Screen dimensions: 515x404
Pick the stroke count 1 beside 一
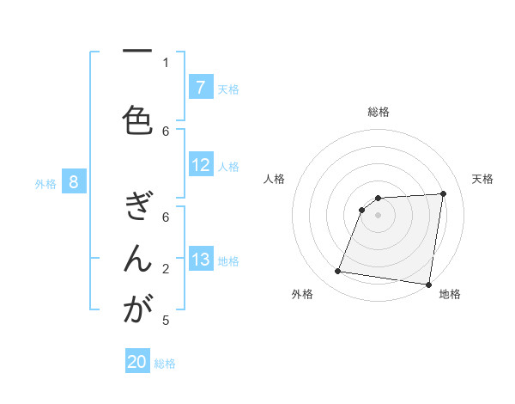click(x=167, y=62)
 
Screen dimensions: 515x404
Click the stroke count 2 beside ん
click(x=167, y=269)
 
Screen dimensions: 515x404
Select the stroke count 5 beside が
click(x=167, y=321)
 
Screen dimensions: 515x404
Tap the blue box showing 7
click(x=200, y=88)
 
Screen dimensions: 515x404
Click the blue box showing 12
click(x=200, y=165)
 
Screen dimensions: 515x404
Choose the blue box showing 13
click(x=200, y=260)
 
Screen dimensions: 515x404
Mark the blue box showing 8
click(x=74, y=182)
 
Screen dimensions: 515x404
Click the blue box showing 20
click(x=137, y=362)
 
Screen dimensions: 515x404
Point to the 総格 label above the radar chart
click(x=379, y=112)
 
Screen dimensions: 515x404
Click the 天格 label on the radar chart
click(x=482, y=179)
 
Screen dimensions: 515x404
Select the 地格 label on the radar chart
click(x=450, y=294)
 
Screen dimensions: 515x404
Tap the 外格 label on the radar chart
click(x=302, y=294)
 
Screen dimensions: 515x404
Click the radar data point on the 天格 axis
click(x=443, y=193)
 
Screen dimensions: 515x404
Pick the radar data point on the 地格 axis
click(x=428, y=285)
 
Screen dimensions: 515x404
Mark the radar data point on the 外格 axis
click(x=338, y=272)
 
